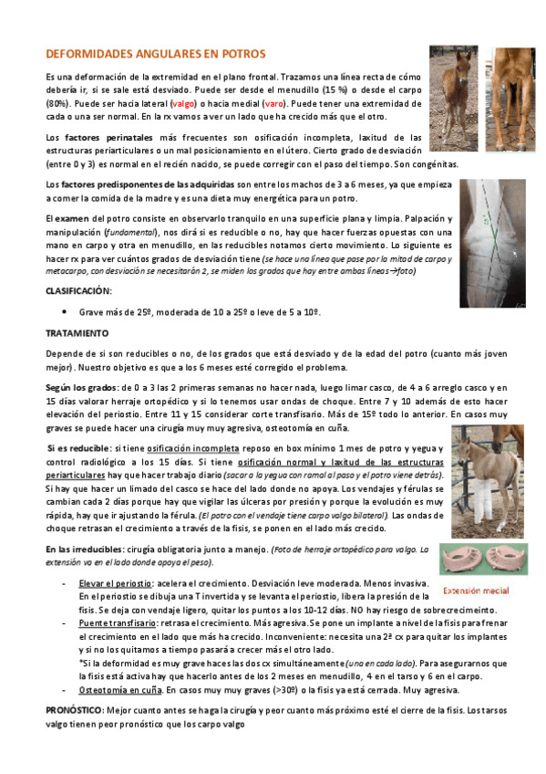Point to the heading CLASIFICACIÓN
pos(78,290)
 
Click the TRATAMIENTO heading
pos(77,333)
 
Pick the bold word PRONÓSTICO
pos(75,709)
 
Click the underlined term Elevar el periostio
pos(115,582)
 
